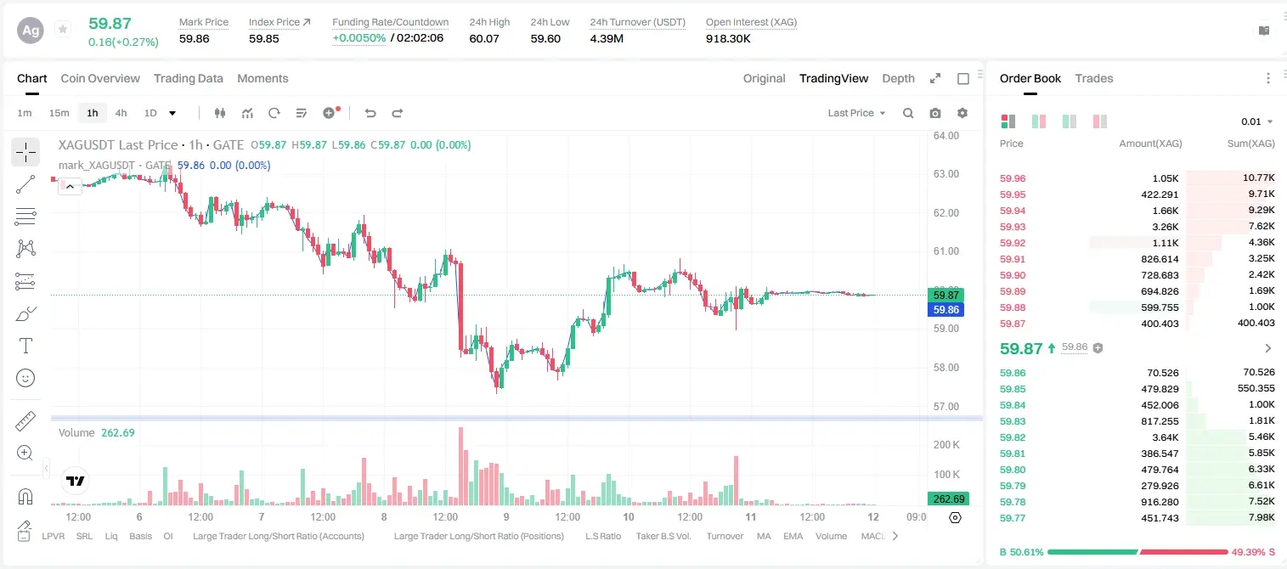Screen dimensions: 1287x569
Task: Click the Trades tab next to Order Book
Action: (1093, 78)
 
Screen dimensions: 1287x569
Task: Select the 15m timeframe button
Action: (59, 113)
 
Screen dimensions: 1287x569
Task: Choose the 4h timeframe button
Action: (121, 113)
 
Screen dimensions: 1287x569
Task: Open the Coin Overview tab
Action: (100, 78)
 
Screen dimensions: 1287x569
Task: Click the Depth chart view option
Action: (898, 78)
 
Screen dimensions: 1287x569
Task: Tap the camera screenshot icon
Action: (934, 113)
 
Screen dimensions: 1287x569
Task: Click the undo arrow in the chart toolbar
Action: (370, 113)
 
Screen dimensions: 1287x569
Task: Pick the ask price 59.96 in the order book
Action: (1013, 178)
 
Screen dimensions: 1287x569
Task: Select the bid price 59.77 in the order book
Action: (1013, 518)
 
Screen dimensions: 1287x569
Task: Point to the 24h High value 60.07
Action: (483, 38)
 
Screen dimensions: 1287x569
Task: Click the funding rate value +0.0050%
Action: (358, 38)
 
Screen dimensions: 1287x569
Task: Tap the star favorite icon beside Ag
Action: (63, 29)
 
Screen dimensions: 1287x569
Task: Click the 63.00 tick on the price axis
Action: (945, 174)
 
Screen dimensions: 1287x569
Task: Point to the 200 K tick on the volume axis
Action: (946, 445)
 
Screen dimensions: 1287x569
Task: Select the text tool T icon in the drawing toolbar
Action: (25, 346)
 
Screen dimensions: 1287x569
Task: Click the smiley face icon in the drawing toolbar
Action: (25, 378)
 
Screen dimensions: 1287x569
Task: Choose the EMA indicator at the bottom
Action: (793, 536)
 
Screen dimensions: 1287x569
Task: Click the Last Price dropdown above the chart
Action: (856, 113)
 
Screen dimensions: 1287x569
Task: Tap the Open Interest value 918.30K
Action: (728, 38)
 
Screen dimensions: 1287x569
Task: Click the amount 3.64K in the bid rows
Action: (1165, 437)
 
